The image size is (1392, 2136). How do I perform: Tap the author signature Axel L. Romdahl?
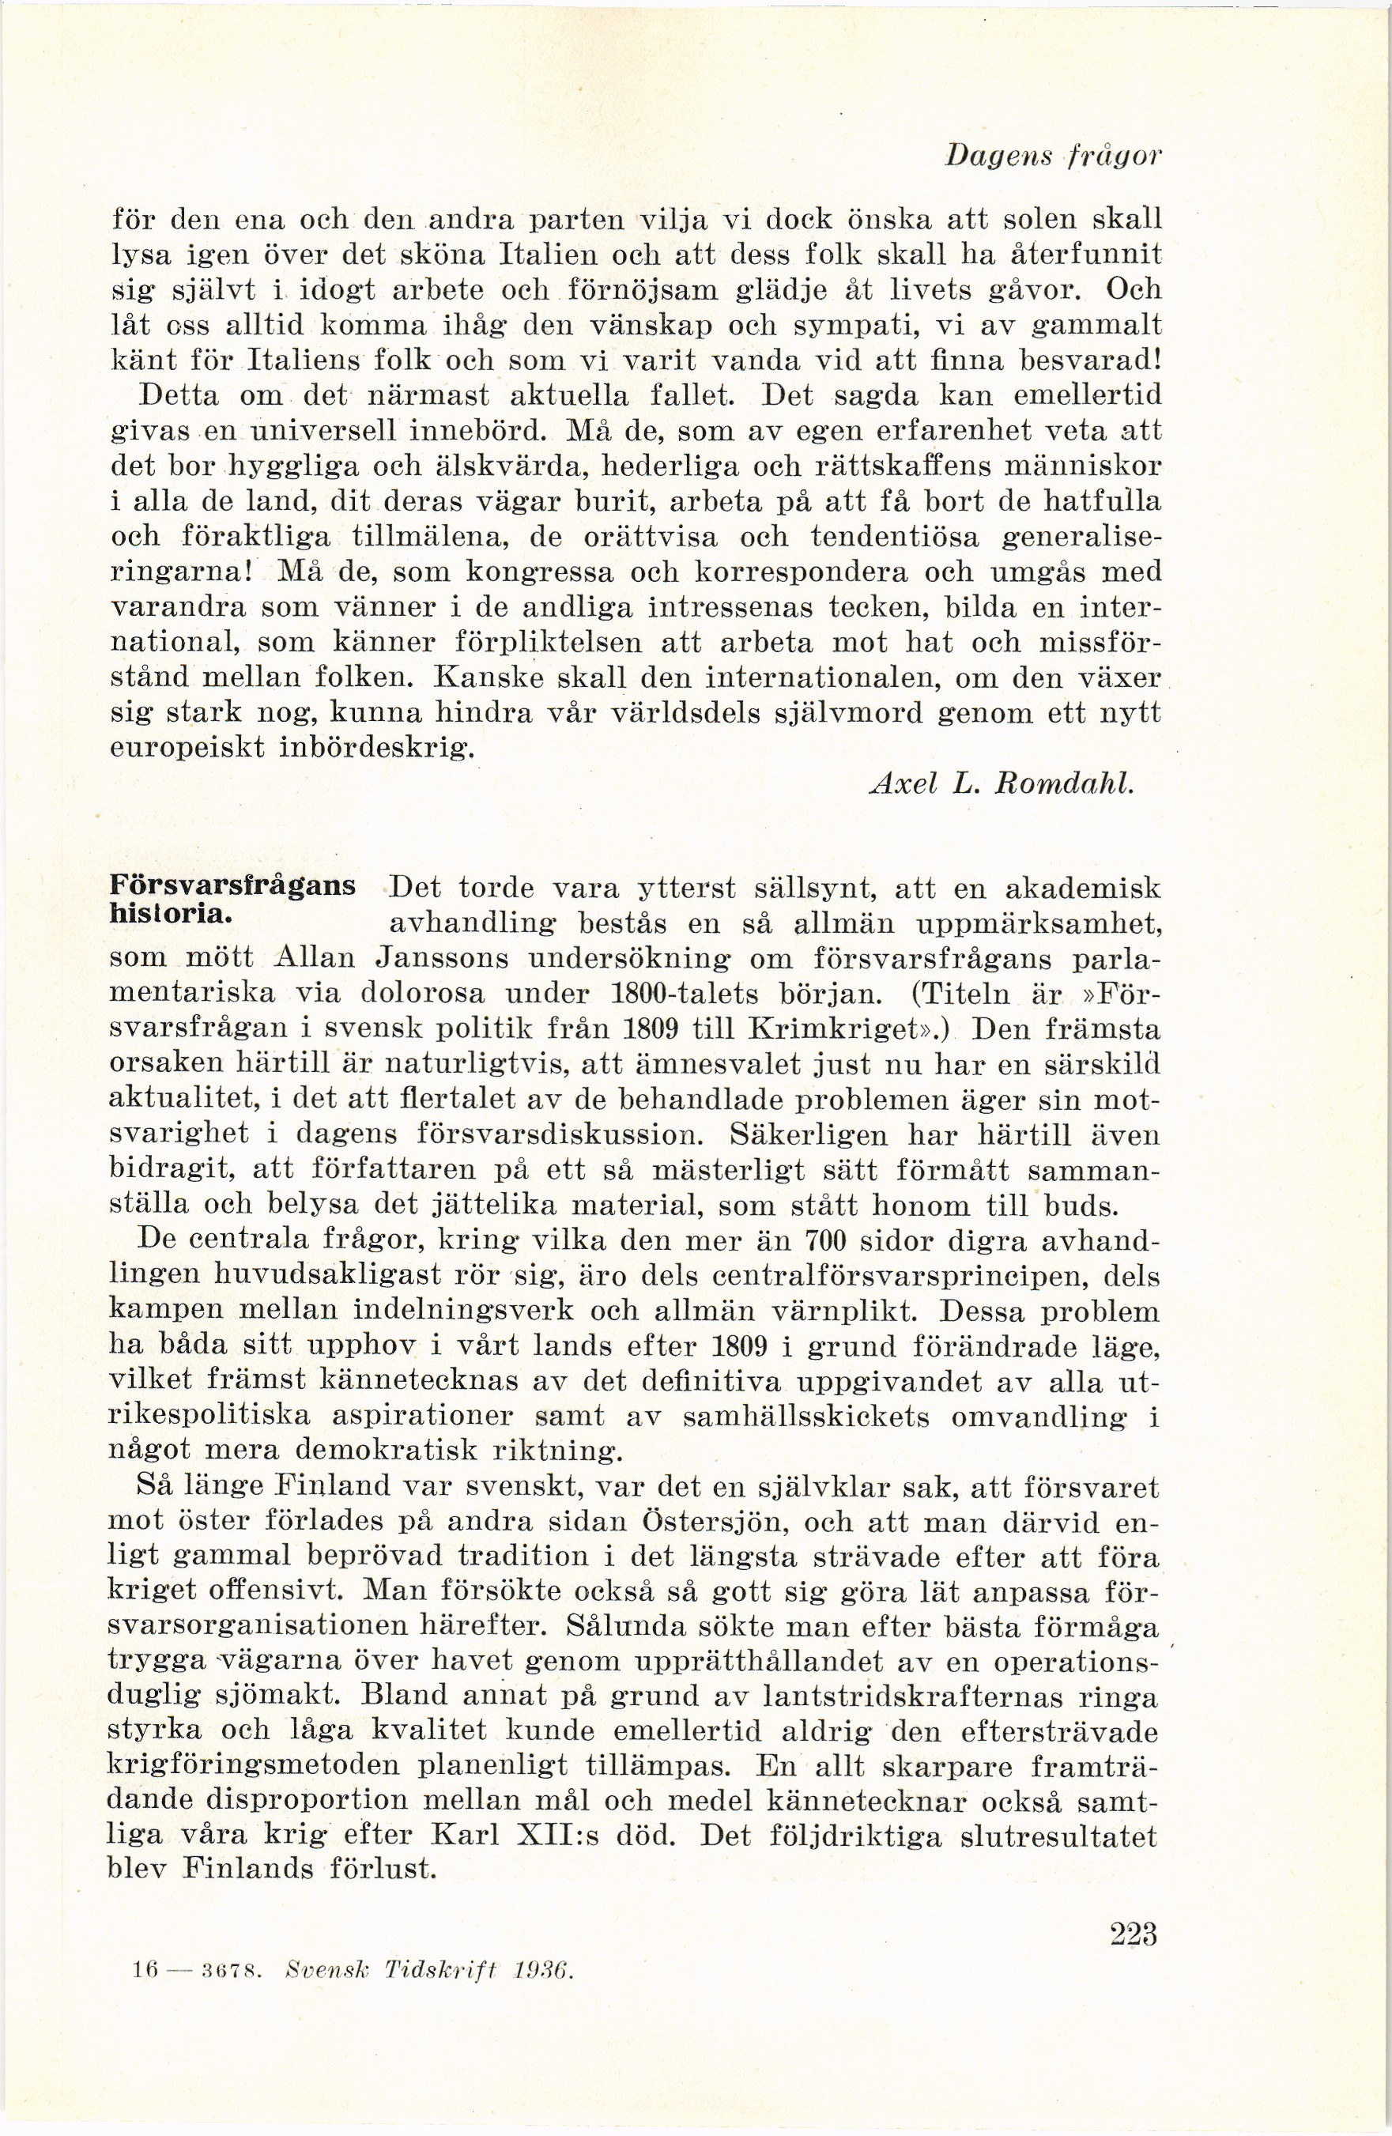pyautogui.click(x=1002, y=783)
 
